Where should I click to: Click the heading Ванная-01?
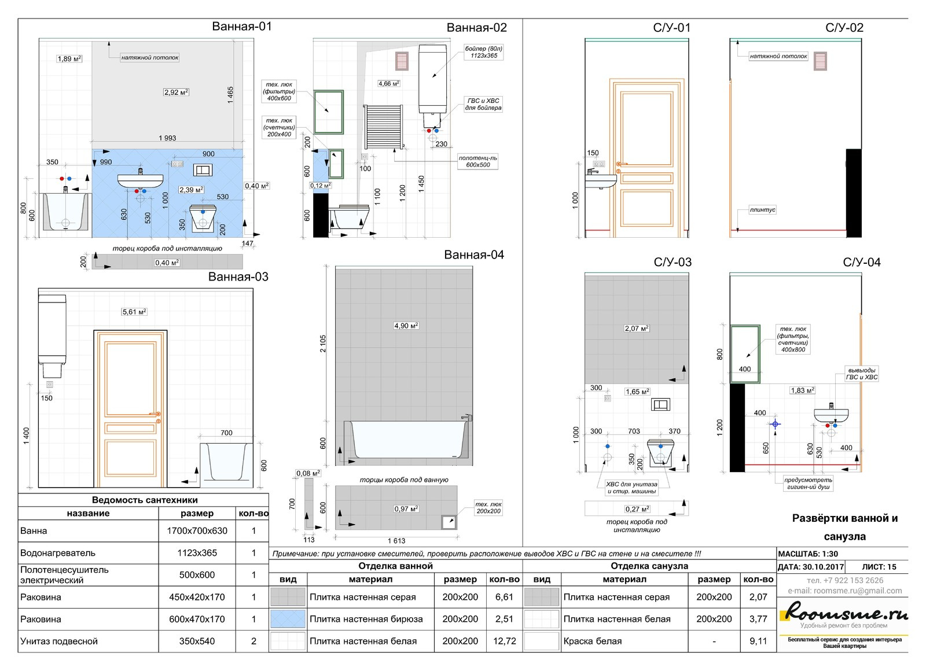241,26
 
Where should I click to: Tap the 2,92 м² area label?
176,92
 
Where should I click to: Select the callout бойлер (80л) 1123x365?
484,52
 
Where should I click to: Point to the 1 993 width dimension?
167,138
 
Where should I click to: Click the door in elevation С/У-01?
645,157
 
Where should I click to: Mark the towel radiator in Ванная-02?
383,127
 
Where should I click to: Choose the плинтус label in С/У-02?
762,210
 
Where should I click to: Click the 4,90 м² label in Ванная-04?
406,326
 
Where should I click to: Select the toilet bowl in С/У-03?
662,453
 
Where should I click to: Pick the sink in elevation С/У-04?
831,415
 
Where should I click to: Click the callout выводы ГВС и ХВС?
862,374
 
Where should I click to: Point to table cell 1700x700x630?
197,530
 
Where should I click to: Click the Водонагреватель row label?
58,552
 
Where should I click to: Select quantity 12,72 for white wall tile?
504,641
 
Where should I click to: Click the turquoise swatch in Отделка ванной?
288,619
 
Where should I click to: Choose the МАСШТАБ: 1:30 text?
808,554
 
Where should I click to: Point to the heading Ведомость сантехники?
145,500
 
